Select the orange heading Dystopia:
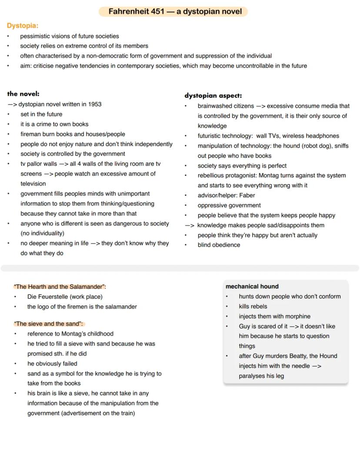tap(23, 26)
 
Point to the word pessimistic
tap(37, 36)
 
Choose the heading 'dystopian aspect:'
tap(213, 95)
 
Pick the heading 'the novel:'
tap(23, 94)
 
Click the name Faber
tap(247, 195)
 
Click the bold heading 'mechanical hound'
tap(252, 286)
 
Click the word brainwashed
tap(215, 106)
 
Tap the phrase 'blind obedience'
tap(219, 245)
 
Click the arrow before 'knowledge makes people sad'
tap(189, 225)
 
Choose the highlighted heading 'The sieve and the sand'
tap(48, 324)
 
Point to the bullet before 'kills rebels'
tap(227, 306)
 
